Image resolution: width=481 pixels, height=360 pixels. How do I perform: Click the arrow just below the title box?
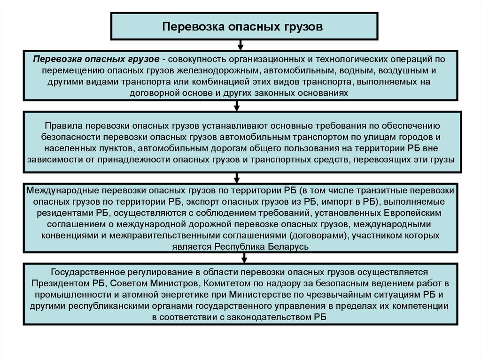(240, 45)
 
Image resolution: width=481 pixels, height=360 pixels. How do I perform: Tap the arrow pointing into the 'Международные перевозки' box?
(238, 178)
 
